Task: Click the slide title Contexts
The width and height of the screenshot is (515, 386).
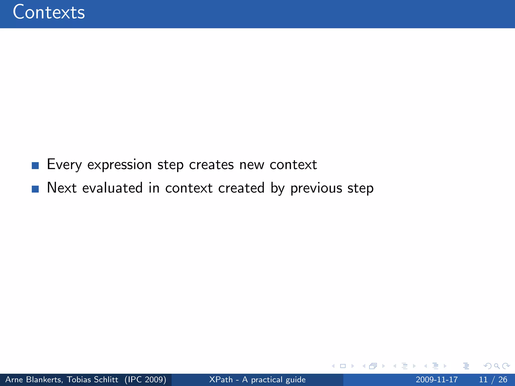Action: point(49,12)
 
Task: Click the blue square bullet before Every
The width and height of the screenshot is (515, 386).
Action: point(35,166)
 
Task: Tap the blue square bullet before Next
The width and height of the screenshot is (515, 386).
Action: point(35,189)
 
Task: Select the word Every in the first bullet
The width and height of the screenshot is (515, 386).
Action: point(64,165)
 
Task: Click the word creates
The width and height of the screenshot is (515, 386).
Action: point(211,165)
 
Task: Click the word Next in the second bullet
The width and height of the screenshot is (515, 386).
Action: point(62,188)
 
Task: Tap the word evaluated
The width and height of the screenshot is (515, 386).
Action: point(112,188)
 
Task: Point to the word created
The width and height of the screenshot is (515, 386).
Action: point(241,188)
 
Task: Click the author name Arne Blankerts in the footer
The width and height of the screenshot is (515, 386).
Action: point(33,379)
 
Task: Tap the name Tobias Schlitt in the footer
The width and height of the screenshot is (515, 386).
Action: point(92,379)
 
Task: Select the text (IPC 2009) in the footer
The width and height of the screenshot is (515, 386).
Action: point(145,379)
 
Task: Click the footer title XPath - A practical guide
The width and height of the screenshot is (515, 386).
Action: point(257,379)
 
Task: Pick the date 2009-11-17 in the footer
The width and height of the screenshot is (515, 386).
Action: point(437,379)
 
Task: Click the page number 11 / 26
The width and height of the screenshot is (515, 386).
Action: point(493,379)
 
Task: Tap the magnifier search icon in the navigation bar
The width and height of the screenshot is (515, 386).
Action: point(497,366)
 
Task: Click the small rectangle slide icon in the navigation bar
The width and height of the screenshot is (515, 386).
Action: point(343,366)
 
